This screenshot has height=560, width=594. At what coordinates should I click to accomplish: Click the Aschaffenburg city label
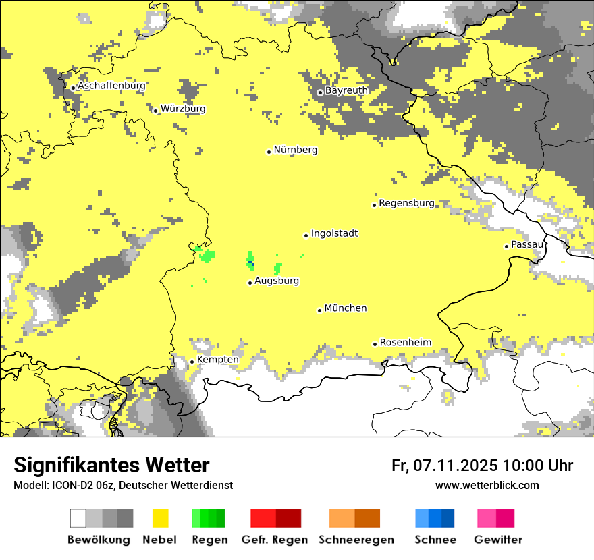click(x=111, y=86)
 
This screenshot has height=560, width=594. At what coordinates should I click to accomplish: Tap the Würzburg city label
click(x=183, y=109)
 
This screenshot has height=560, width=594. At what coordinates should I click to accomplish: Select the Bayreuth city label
click(x=346, y=90)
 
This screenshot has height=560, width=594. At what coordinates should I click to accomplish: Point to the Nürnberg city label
click(x=295, y=150)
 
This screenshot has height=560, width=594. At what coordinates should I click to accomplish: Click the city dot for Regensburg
click(x=374, y=205)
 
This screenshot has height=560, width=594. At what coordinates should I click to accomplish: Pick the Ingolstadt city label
click(x=334, y=234)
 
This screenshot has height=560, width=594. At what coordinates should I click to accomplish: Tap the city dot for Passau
click(x=506, y=246)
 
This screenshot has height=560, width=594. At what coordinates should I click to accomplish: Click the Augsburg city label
click(x=277, y=281)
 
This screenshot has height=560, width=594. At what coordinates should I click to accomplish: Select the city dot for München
click(x=320, y=310)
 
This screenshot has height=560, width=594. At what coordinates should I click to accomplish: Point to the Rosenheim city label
click(x=405, y=343)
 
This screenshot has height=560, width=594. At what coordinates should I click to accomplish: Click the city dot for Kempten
click(x=192, y=362)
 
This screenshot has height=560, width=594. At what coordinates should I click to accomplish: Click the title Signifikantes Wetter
click(x=111, y=466)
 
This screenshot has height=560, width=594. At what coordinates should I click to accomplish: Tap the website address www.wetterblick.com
click(x=487, y=485)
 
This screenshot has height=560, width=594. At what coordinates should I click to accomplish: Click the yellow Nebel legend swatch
click(x=160, y=518)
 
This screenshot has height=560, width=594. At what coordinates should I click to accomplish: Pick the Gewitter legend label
click(x=498, y=540)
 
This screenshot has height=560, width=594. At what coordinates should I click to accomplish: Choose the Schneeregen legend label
click(x=356, y=540)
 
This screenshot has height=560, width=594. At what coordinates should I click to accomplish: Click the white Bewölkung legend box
click(x=78, y=518)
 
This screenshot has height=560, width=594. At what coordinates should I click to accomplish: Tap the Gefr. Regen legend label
click(x=275, y=540)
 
